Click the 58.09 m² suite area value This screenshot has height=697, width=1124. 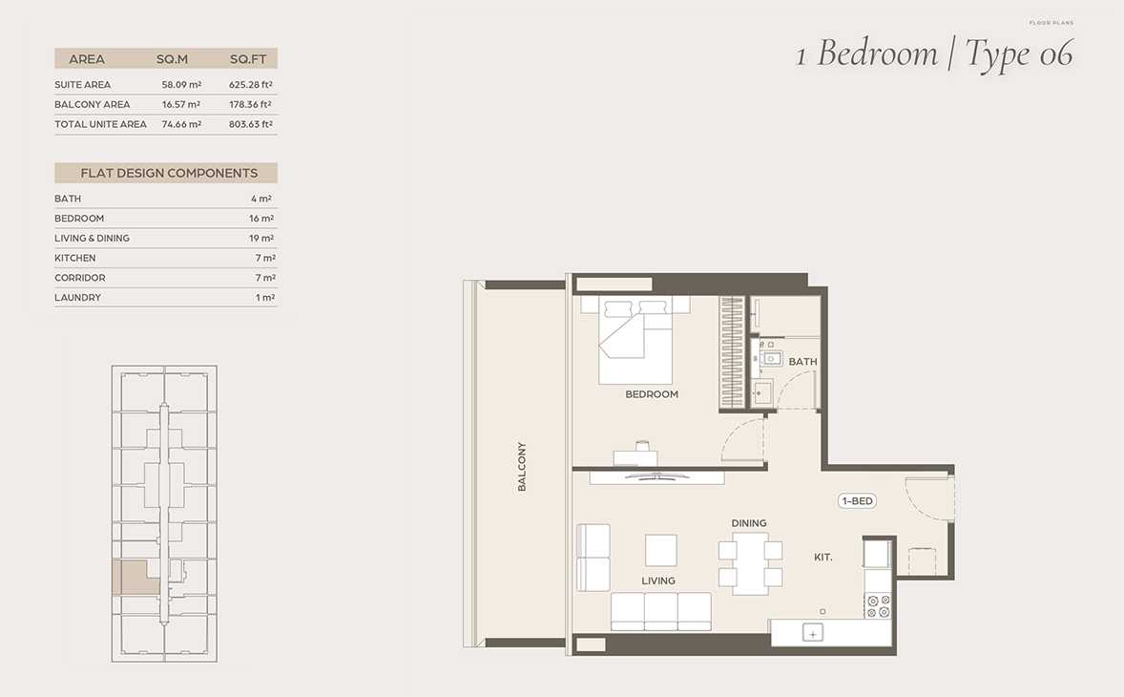(x=181, y=85)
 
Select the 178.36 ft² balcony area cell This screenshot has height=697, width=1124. (x=250, y=105)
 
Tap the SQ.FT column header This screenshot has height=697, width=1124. (x=248, y=59)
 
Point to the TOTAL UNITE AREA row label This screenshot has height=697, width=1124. (x=100, y=124)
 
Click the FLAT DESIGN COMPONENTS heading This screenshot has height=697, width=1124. (x=169, y=173)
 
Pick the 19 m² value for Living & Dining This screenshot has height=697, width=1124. (x=261, y=238)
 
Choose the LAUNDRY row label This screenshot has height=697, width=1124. (x=77, y=298)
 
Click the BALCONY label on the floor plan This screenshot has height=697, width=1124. (x=522, y=467)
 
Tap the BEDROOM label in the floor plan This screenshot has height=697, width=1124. (x=652, y=394)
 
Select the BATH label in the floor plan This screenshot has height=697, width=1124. (x=802, y=362)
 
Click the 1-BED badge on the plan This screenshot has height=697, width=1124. (x=858, y=501)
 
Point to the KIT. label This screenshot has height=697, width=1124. (x=822, y=558)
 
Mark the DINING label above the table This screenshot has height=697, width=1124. (x=749, y=523)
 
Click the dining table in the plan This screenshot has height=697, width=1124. (x=751, y=563)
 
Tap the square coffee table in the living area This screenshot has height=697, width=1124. (x=661, y=551)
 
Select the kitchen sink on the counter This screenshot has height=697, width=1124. (x=812, y=633)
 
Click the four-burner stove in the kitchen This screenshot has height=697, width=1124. (x=878, y=606)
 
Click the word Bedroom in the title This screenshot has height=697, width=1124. (x=878, y=53)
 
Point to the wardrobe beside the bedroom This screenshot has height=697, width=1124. (x=732, y=352)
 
